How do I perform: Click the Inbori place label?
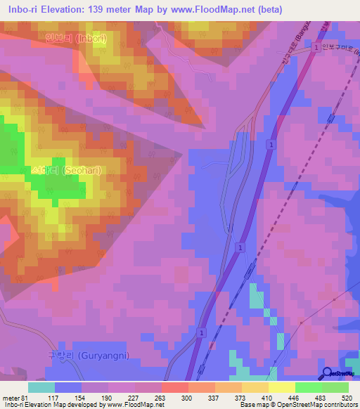point(75,39)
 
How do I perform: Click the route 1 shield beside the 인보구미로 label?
point(317,46)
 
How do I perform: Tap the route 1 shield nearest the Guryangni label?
point(202,332)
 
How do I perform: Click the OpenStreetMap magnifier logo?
point(328,372)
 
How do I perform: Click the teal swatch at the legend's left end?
point(41,387)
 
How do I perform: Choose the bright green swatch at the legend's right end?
point(335,387)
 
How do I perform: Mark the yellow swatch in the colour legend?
point(282,387)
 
